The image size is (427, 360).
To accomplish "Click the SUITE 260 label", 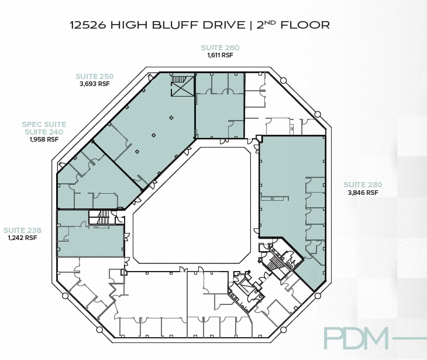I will (220, 47).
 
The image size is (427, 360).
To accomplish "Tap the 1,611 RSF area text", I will (220, 55).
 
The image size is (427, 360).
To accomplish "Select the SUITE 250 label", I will (94, 76).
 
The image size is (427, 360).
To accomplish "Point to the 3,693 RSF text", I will (94, 84).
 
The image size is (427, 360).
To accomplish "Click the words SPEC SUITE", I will (44, 124).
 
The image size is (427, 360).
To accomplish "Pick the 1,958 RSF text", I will (44, 139).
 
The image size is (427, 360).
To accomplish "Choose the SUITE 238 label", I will (22, 230).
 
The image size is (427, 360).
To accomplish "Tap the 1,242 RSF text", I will (22, 238).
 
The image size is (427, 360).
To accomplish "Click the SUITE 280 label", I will (363, 184).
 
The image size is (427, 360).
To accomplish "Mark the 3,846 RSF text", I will (363, 192).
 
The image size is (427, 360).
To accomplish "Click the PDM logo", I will (356, 338).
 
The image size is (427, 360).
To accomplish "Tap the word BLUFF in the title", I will (175, 25).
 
